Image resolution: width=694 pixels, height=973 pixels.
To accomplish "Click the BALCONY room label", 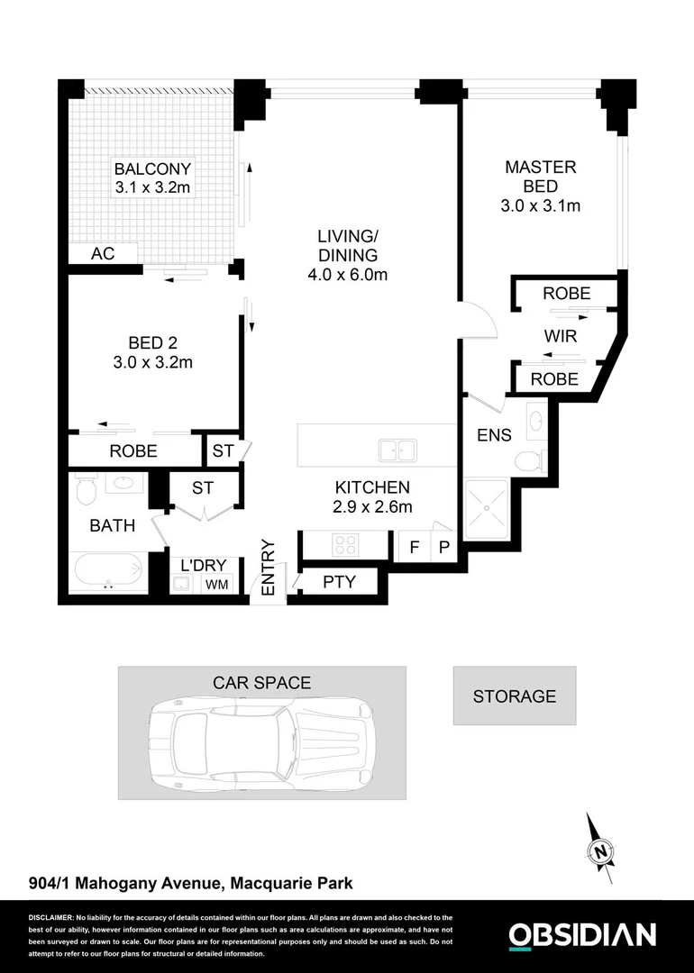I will coord(152,168).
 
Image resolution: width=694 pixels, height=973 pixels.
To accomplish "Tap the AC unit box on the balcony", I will coord(103,254).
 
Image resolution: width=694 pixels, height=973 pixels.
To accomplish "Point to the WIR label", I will coord(560,336).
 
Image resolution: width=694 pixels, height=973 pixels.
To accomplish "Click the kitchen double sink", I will coord(397,450).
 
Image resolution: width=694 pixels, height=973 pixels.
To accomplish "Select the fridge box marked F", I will coord(414,547).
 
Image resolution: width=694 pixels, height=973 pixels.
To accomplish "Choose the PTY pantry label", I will coord(339,582).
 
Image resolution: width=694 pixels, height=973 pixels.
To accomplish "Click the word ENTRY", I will coord(268,567).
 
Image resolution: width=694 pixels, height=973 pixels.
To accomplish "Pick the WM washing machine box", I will coord(216,585).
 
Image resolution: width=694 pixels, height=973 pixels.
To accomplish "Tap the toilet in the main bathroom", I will coord(86,489).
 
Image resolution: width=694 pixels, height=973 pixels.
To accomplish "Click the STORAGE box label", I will coord(515,696).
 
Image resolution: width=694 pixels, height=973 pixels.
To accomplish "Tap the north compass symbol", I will coord(599,850).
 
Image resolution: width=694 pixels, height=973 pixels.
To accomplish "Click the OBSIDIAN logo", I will coord(581,935).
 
